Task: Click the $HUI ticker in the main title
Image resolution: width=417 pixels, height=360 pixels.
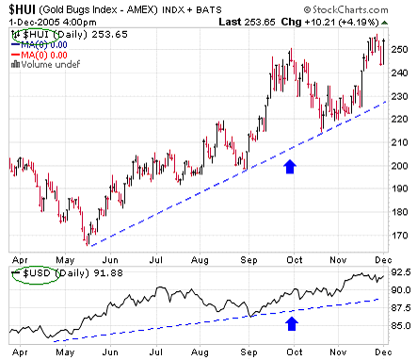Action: click(x=22, y=9)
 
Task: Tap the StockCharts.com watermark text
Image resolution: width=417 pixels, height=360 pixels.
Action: click(x=346, y=10)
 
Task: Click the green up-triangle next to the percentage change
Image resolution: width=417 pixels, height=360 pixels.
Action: click(x=384, y=23)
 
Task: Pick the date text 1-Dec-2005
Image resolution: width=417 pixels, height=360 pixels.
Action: click(x=34, y=23)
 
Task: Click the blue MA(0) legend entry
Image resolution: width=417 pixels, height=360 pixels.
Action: click(x=40, y=45)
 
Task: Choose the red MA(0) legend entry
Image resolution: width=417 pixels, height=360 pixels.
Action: click(x=40, y=56)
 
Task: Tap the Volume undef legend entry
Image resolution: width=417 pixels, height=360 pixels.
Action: click(x=46, y=65)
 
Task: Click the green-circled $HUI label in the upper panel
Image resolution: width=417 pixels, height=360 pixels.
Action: click(x=36, y=34)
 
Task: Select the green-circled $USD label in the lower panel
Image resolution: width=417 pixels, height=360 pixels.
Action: click(x=37, y=273)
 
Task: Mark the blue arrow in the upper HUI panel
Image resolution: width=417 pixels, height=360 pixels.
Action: click(x=290, y=167)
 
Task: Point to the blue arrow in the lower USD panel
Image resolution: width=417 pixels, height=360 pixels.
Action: click(x=292, y=323)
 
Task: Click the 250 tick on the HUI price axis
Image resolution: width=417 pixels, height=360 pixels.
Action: click(x=399, y=50)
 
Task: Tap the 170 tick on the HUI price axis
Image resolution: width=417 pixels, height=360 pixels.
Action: click(x=399, y=236)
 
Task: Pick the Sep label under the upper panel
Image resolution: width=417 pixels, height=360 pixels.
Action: click(x=249, y=260)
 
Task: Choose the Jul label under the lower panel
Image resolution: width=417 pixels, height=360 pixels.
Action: click(x=155, y=352)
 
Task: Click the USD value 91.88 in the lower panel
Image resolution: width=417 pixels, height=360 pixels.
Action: click(x=108, y=273)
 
